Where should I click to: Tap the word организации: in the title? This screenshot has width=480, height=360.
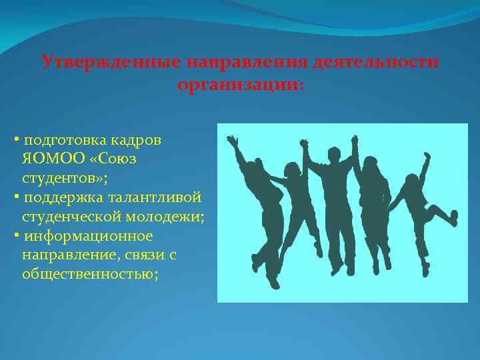(240, 85)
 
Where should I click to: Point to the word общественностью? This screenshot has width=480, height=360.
(90, 274)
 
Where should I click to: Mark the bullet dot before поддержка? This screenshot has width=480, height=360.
(16, 199)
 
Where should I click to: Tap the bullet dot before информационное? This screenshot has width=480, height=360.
(16, 237)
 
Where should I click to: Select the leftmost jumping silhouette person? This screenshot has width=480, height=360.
(257, 200)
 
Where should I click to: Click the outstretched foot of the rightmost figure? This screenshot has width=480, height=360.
(453, 217)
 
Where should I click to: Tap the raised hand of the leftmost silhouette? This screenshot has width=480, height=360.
(232, 141)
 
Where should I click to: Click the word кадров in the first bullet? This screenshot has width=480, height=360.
(137, 141)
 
